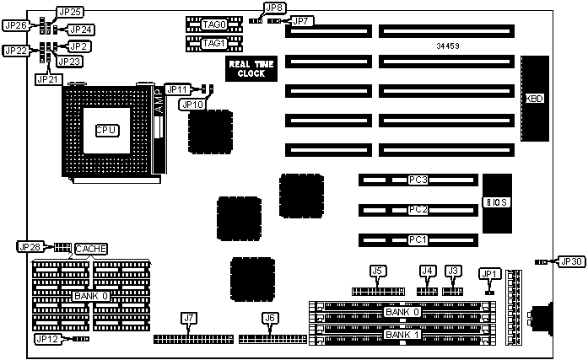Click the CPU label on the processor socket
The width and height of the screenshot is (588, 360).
[x=106, y=130]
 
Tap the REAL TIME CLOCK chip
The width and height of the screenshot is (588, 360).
[x=245, y=69]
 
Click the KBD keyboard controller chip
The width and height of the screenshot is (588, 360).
[x=534, y=99]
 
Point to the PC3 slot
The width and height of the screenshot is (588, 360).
[x=418, y=180]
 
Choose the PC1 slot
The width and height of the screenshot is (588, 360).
[x=418, y=240]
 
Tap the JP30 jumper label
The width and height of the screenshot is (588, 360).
[x=572, y=262]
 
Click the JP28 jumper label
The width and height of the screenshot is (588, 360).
[x=29, y=247]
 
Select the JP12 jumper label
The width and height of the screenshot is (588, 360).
[x=47, y=338]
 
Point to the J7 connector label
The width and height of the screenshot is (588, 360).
[x=188, y=318]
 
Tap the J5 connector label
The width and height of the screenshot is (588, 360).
[x=378, y=271]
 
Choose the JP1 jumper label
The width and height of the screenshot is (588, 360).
[x=489, y=273]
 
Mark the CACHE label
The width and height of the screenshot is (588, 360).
[x=90, y=249]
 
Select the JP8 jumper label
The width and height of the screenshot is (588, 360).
[x=273, y=8]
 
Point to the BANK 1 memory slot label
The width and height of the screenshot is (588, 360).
[x=400, y=335]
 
